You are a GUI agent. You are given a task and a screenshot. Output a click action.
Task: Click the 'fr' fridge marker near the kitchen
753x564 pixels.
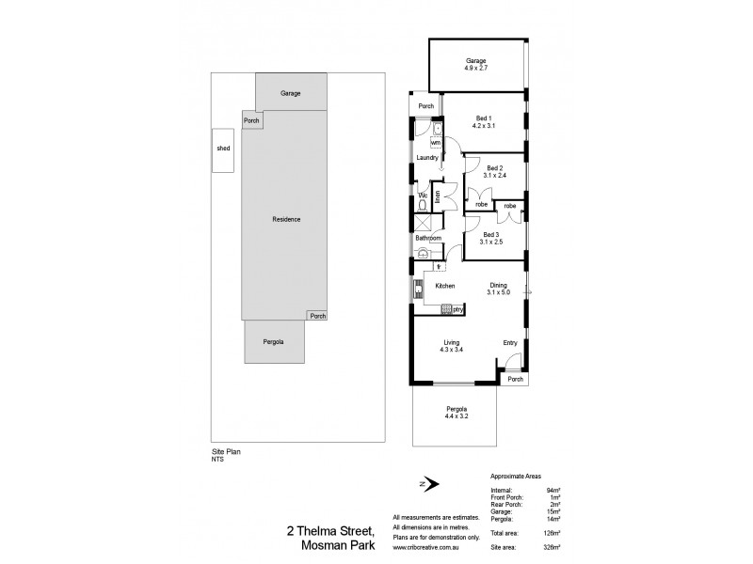[x=439, y=267]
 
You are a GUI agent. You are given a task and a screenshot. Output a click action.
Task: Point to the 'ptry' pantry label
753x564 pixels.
[x=457, y=308]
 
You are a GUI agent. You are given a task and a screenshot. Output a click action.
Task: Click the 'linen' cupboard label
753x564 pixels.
[x=437, y=196]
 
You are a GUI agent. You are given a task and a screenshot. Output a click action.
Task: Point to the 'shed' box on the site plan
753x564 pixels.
[x=223, y=149]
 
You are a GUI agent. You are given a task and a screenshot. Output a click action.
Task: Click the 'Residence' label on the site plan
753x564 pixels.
[x=286, y=219]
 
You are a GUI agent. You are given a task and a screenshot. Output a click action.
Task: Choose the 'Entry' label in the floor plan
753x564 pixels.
[x=510, y=342]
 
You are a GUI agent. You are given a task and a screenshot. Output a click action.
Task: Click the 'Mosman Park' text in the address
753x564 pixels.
[x=336, y=543]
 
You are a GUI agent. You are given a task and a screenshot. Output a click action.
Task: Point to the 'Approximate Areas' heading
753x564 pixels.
[x=516, y=477]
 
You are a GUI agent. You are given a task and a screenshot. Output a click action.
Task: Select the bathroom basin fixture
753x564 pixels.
[x=423, y=253]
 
